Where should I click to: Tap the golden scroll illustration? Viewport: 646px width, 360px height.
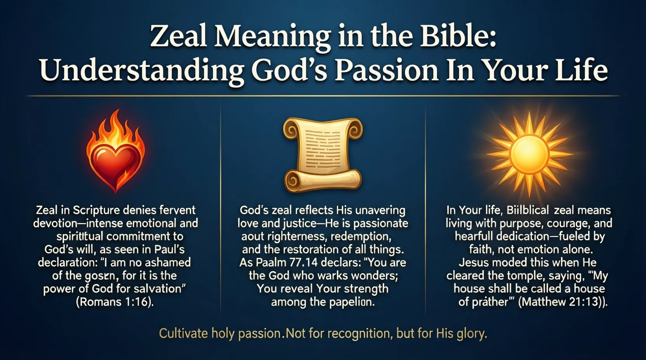tap(323, 155)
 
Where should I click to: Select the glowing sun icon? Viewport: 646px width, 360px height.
tap(529, 154)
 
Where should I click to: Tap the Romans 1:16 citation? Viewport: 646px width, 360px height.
tap(115, 302)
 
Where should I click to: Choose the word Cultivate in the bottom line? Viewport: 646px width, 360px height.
tap(183, 334)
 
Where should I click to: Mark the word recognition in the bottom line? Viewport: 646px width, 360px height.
tap(351, 334)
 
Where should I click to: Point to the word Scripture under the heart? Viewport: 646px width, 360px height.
tap(96, 210)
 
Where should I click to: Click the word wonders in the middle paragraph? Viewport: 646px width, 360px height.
tap(373, 275)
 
